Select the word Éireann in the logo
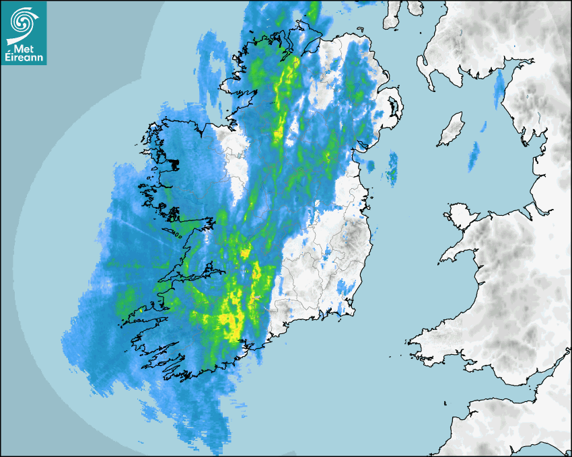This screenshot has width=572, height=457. click(x=24, y=58)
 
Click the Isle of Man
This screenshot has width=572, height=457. click(x=452, y=130)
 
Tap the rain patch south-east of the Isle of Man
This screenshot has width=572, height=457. click(x=475, y=157)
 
